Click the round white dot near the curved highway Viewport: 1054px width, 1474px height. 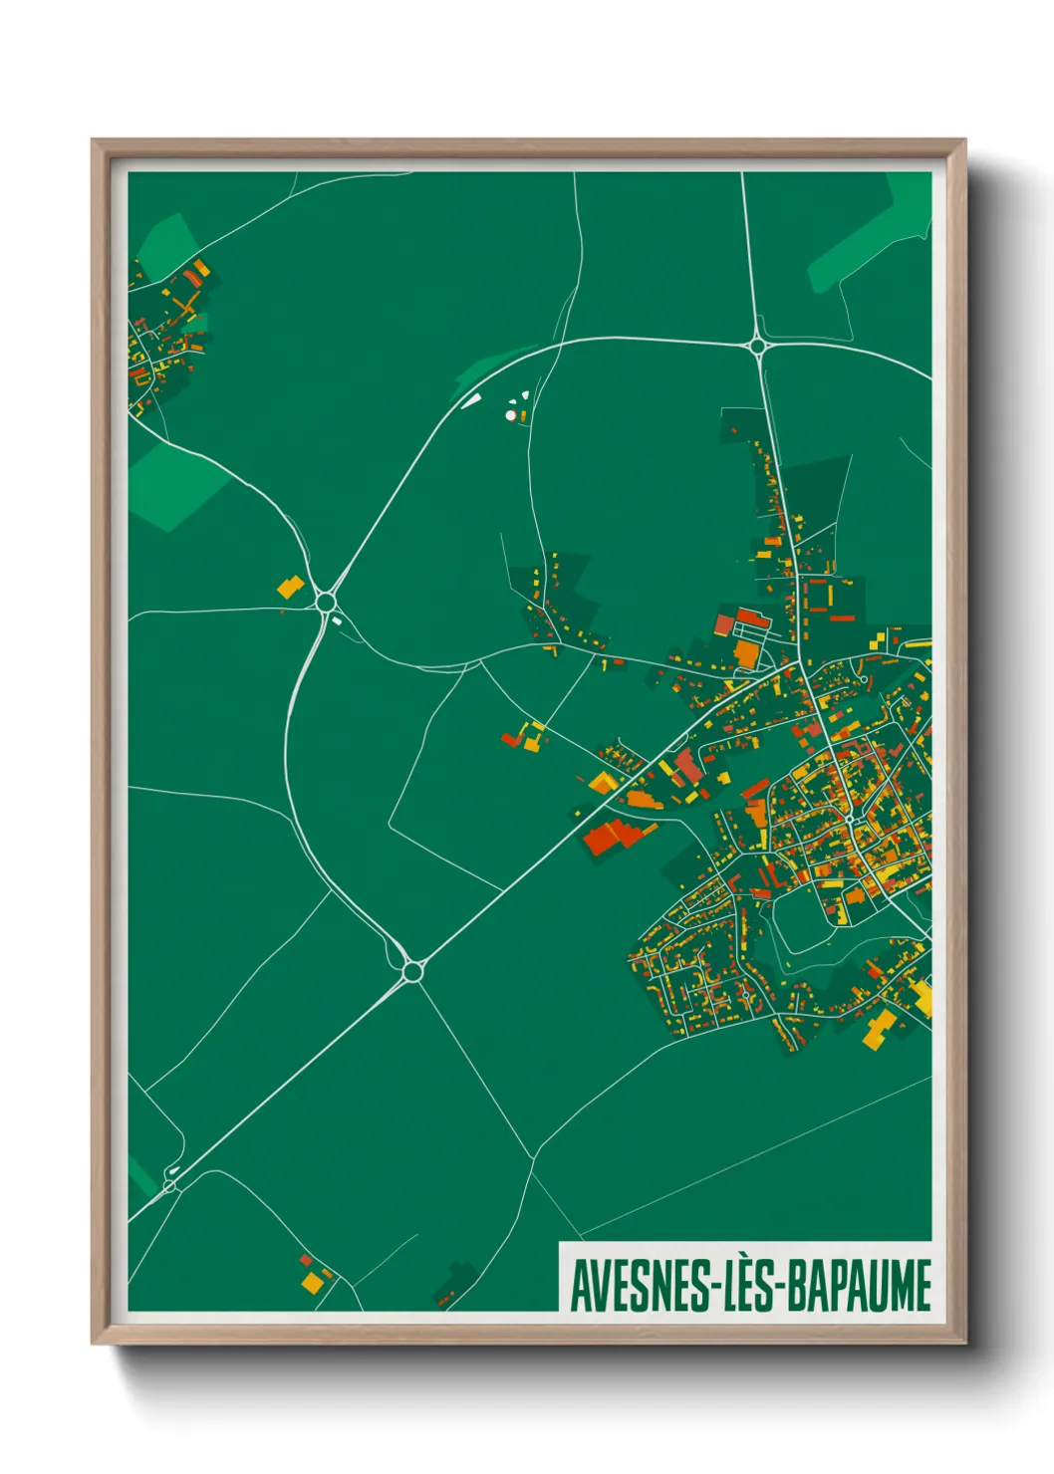[x=511, y=414]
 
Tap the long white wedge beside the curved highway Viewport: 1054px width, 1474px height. [x=470, y=401]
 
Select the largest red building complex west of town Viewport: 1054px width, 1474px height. [x=609, y=837]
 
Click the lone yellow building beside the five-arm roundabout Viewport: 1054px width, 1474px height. [x=290, y=587]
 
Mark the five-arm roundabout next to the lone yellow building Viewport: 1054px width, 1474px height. [x=325, y=602]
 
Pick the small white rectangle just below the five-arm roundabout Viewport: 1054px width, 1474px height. [x=337, y=620]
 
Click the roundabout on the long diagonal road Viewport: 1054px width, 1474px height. [x=411, y=970]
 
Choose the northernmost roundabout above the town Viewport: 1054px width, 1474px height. [x=758, y=347]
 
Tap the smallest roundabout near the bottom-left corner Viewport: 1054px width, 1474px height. [x=169, y=1184]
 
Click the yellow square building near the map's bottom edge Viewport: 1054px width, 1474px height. [x=313, y=1282]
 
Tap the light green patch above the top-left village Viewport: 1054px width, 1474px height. [x=166, y=242]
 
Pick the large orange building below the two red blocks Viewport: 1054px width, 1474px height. [x=745, y=653]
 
